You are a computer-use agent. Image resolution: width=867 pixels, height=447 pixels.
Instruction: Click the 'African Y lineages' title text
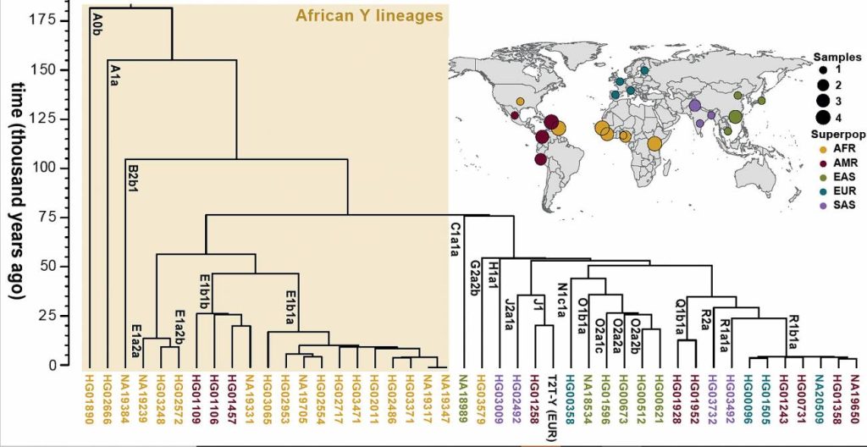(x=368, y=15)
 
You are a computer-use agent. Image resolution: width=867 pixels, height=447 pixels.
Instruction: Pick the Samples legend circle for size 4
(x=821, y=116)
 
